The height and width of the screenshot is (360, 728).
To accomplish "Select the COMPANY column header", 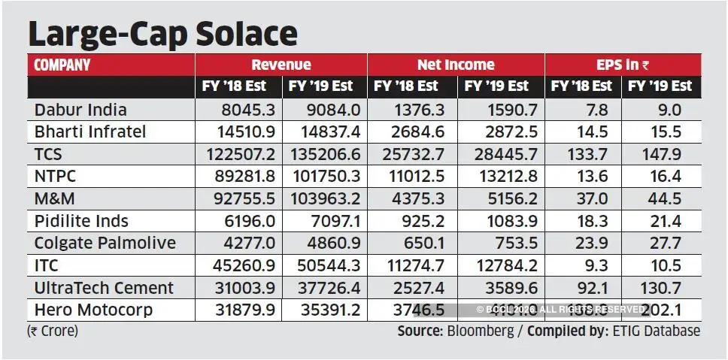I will coord(62,65).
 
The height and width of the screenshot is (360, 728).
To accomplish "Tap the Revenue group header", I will coord(281,65).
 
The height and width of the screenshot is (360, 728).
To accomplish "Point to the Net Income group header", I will coord(457,65).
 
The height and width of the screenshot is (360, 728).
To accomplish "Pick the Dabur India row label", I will coord(80,110).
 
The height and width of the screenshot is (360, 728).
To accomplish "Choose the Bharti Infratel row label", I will coord(90,132).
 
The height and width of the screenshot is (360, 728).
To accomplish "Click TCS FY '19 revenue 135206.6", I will coord(324,154).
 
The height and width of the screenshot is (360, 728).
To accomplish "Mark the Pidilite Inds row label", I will coord(81,221).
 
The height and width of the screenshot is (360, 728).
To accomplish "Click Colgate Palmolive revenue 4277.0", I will coord(239,243).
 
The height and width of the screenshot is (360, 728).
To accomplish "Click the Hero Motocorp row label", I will coord(93,310).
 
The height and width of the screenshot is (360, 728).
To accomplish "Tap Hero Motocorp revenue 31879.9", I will coord(239,310).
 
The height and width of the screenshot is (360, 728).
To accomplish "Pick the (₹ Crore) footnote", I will coord(53,331).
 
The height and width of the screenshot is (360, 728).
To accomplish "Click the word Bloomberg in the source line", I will coord(480,331).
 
